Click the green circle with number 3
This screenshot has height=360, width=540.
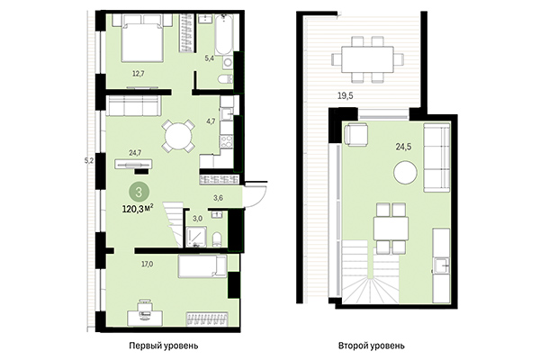(138, 191)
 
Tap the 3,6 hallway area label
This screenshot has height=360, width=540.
(217, 196)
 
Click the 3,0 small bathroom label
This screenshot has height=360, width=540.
(198, 217)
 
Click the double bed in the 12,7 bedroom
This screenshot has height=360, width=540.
(138, 40)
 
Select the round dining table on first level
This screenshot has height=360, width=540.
(177, 137)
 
